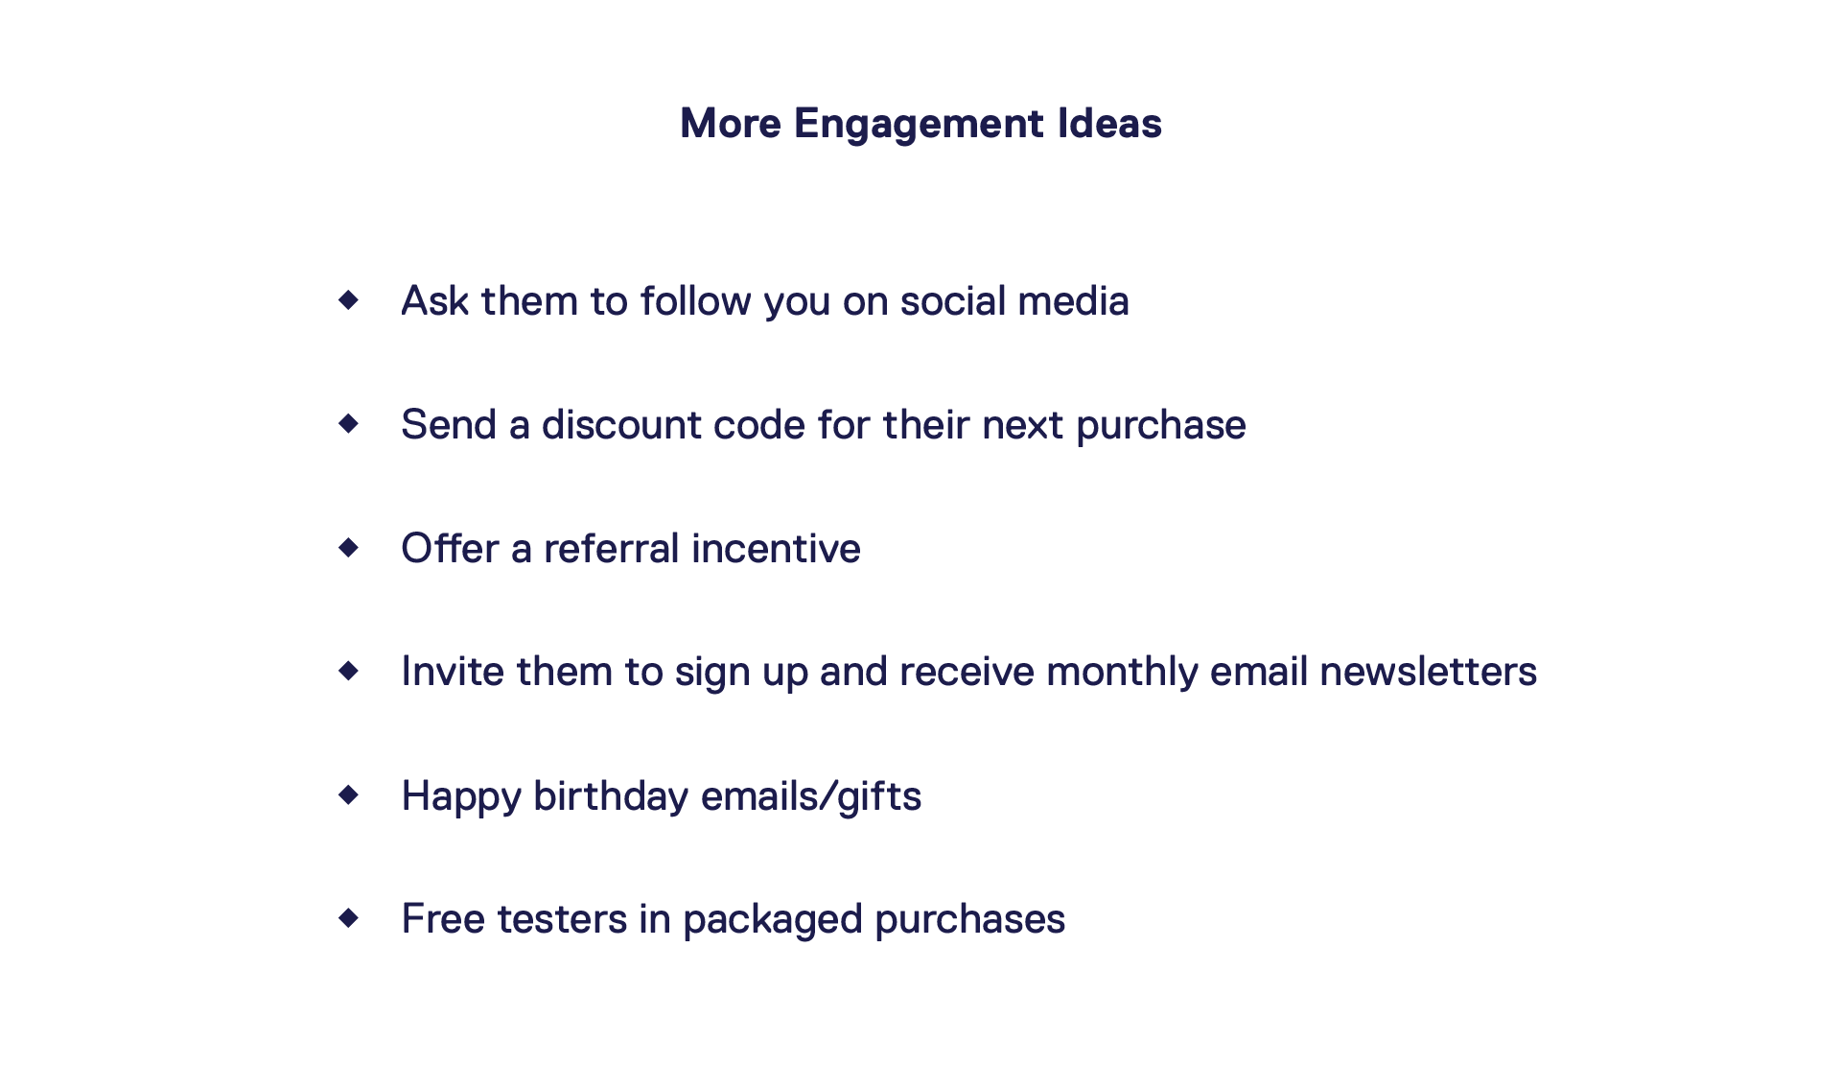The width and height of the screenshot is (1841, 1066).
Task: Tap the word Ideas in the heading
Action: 1109,124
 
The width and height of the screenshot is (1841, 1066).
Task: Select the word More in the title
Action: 731,124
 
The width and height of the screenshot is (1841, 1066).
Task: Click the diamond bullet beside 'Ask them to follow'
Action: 349,300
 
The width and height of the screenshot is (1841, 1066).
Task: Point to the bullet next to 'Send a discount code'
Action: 349,423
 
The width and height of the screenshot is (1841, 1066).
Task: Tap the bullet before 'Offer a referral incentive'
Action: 349,547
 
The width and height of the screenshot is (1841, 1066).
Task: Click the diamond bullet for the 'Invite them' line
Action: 349,671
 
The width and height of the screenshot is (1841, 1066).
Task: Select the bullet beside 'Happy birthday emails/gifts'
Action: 349,794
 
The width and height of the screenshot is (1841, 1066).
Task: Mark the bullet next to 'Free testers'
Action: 349,918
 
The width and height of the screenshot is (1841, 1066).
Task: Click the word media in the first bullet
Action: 1073,301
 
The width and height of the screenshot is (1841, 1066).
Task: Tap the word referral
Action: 612,549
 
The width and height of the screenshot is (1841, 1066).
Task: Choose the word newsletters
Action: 1428,672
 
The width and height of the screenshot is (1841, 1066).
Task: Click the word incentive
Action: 776,549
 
